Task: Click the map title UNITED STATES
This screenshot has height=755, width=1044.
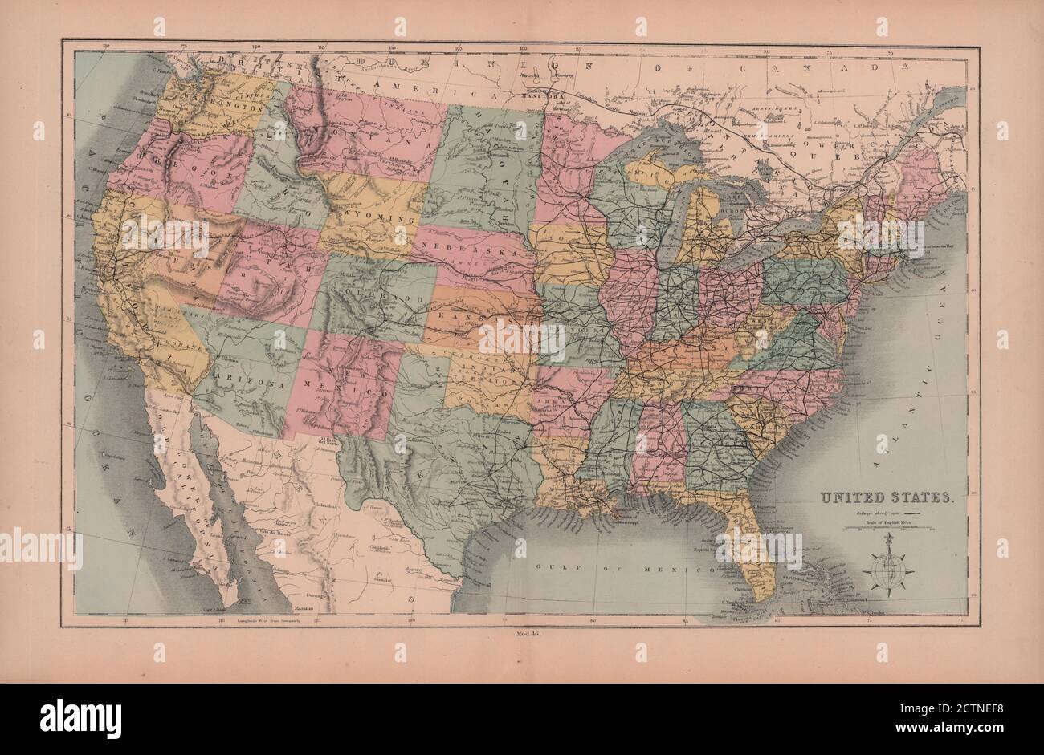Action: click(x=886, y=497)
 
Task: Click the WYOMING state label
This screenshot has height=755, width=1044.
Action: click(x=376, y=218)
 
